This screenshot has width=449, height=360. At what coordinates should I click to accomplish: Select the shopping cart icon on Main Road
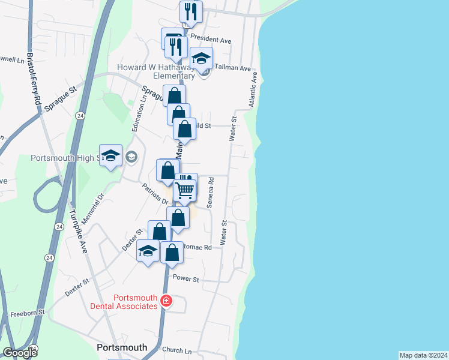click(x=185, y=191)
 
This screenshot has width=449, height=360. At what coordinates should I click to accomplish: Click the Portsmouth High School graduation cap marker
click(x=110, y=156)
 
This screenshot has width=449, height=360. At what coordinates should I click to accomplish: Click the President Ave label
click(x=211, y=40)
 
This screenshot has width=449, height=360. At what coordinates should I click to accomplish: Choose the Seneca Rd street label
click(x=211, y=192)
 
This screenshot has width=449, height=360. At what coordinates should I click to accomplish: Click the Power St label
click(x=185, y=278)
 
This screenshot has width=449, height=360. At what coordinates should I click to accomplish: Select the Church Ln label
click(x=176, y=350)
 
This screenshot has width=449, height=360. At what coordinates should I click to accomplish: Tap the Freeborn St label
click(x=28, y=313)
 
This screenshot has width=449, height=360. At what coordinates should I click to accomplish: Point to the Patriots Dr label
click(x=155, y=196)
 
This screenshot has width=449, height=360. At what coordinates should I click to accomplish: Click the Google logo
click(x=19, y=353)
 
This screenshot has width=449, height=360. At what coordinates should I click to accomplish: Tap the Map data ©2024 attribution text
click(x=423, y=355)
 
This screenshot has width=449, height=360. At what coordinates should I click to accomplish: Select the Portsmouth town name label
click(x=122, y=347)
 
